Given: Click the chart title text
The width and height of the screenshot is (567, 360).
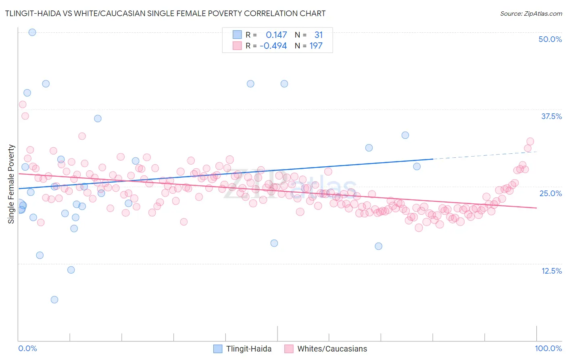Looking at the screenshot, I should click(x=165, y=13).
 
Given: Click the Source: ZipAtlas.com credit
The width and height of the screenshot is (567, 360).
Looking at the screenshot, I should click(x=531, y=13).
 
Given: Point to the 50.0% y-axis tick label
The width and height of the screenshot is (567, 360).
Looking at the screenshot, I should click(x=550, y=39).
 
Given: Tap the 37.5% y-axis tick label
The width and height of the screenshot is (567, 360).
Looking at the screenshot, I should click(x=551, y=116).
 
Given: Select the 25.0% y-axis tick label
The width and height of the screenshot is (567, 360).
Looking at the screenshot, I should click(x=550, y=193).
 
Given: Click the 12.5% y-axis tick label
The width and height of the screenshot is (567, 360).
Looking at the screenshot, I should click(x=551, y=271).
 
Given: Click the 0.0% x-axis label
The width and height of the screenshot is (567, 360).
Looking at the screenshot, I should click(x=27, y=348).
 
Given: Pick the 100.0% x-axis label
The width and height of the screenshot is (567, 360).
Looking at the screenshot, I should click(x=548, y=348).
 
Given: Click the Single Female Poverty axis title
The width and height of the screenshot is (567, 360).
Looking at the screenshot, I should click(x=11, y=184).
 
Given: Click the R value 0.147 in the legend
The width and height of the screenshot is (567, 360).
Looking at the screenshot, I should click(x=276, y=35).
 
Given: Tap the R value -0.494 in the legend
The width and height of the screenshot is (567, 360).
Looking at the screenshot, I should click(x=273, y=46).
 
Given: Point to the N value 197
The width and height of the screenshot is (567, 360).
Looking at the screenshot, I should click(x=316, y=46).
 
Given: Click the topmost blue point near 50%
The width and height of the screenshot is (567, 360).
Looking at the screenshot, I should click(x=32, y=32).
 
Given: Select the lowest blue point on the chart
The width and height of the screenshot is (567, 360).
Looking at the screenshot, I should click(x=54, y=299).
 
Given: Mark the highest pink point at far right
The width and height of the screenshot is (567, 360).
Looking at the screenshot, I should click(x=530, y=142).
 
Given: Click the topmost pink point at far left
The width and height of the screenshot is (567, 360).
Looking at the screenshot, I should click(x=23, y=105).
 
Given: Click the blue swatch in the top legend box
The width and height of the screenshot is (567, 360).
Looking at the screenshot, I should click(x=237, y=35).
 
